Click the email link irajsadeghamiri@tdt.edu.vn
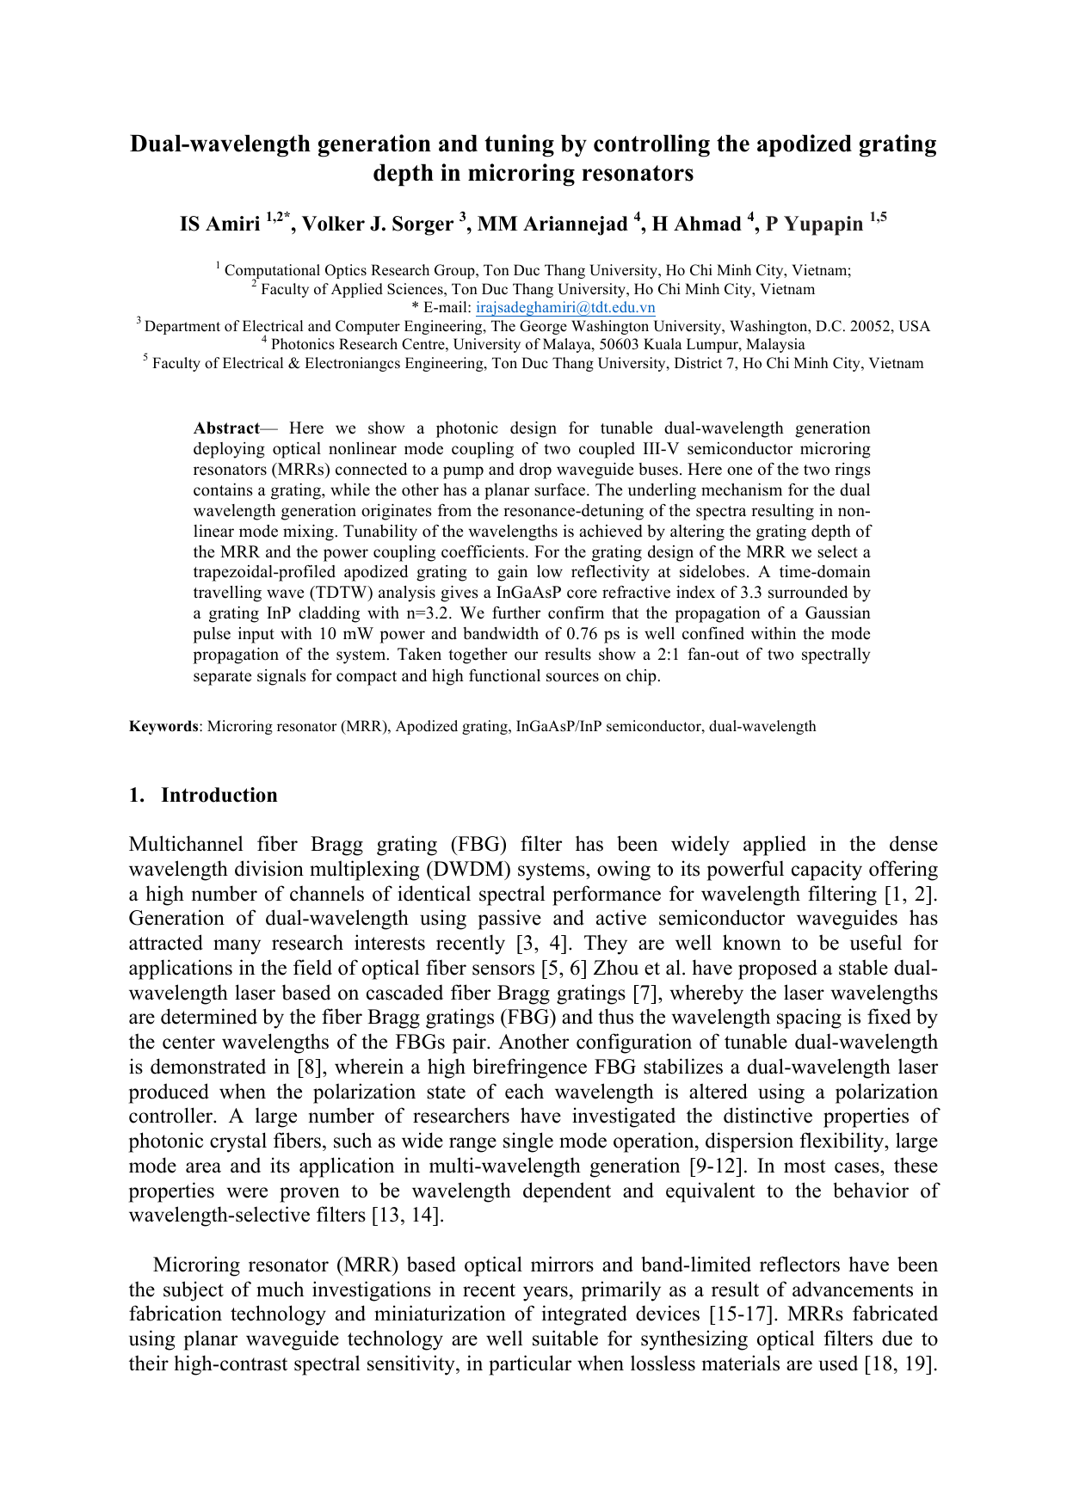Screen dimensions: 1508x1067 [565, 308]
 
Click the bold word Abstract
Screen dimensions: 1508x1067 [226, 428]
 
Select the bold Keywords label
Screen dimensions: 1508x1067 [163, 726]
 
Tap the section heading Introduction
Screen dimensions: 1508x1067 [219, 795]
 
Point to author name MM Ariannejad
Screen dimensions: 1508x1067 [552, 225]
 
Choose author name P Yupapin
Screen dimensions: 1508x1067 [814, 225]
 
